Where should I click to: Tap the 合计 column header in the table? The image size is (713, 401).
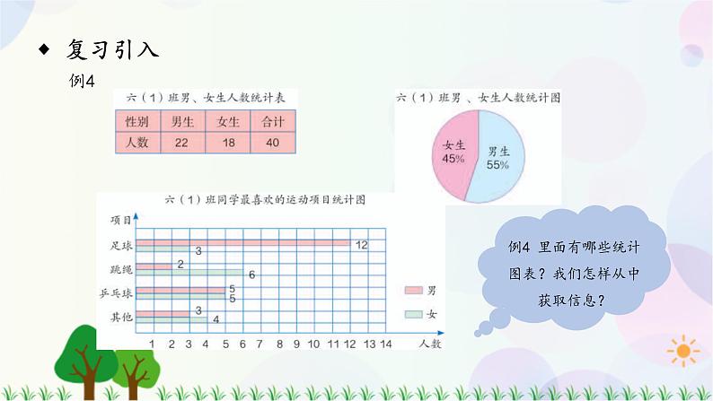pos(272,122)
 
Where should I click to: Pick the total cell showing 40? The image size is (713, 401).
pos(272,142)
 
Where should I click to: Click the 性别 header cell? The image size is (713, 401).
pos(136,122)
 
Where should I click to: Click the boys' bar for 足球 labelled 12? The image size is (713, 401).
pos(248,242)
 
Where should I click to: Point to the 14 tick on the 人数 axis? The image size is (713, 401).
pos(386,344)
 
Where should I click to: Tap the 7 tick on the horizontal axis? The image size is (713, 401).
pos(260,344)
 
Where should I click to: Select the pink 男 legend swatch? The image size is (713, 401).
pos(413,291)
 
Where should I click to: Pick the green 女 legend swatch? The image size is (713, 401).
pos(413,313)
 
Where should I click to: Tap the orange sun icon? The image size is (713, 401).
pos(685,349)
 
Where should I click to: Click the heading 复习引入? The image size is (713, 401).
pos(112,50)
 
